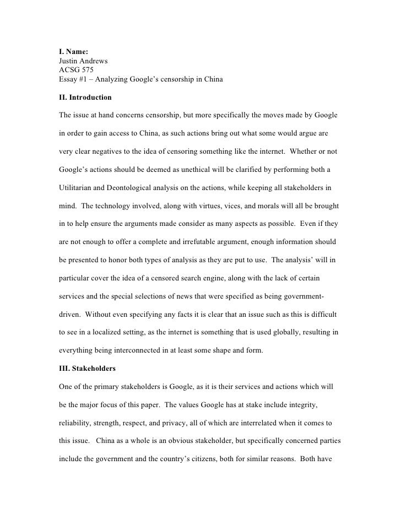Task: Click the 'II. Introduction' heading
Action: [x=85, y=98]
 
